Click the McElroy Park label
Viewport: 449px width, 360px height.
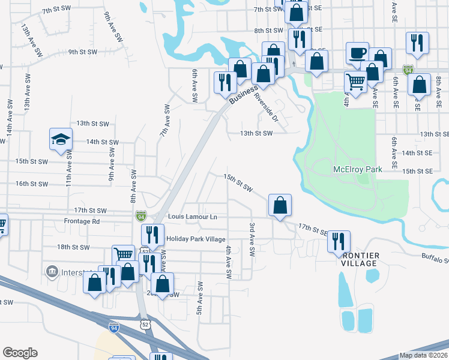[x=357, y=170]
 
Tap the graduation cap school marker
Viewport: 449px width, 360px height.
[x=61, y=140]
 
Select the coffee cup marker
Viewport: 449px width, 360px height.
[x=358, y=53]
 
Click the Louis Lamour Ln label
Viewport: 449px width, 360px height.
[x=192, y=216]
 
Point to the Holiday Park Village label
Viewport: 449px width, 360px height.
[x=195, y=239]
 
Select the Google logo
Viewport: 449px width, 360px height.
[x=20, y=353]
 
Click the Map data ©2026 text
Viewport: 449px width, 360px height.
[x=423, y=355]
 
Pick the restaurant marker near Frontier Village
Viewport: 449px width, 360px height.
[x=339, y=241]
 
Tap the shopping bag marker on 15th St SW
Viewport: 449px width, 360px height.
[x=280, y=205]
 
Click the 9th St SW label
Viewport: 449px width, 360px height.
[x=83, y=52]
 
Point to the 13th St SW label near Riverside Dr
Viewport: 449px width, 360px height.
[x=256, y=133]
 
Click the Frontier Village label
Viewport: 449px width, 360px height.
[x=360, y=259]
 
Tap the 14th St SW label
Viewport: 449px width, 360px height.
[x=103, y=142]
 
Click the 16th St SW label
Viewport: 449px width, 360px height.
[x=31, y=184]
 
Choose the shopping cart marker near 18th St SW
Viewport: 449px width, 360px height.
[x=124, y=254]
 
